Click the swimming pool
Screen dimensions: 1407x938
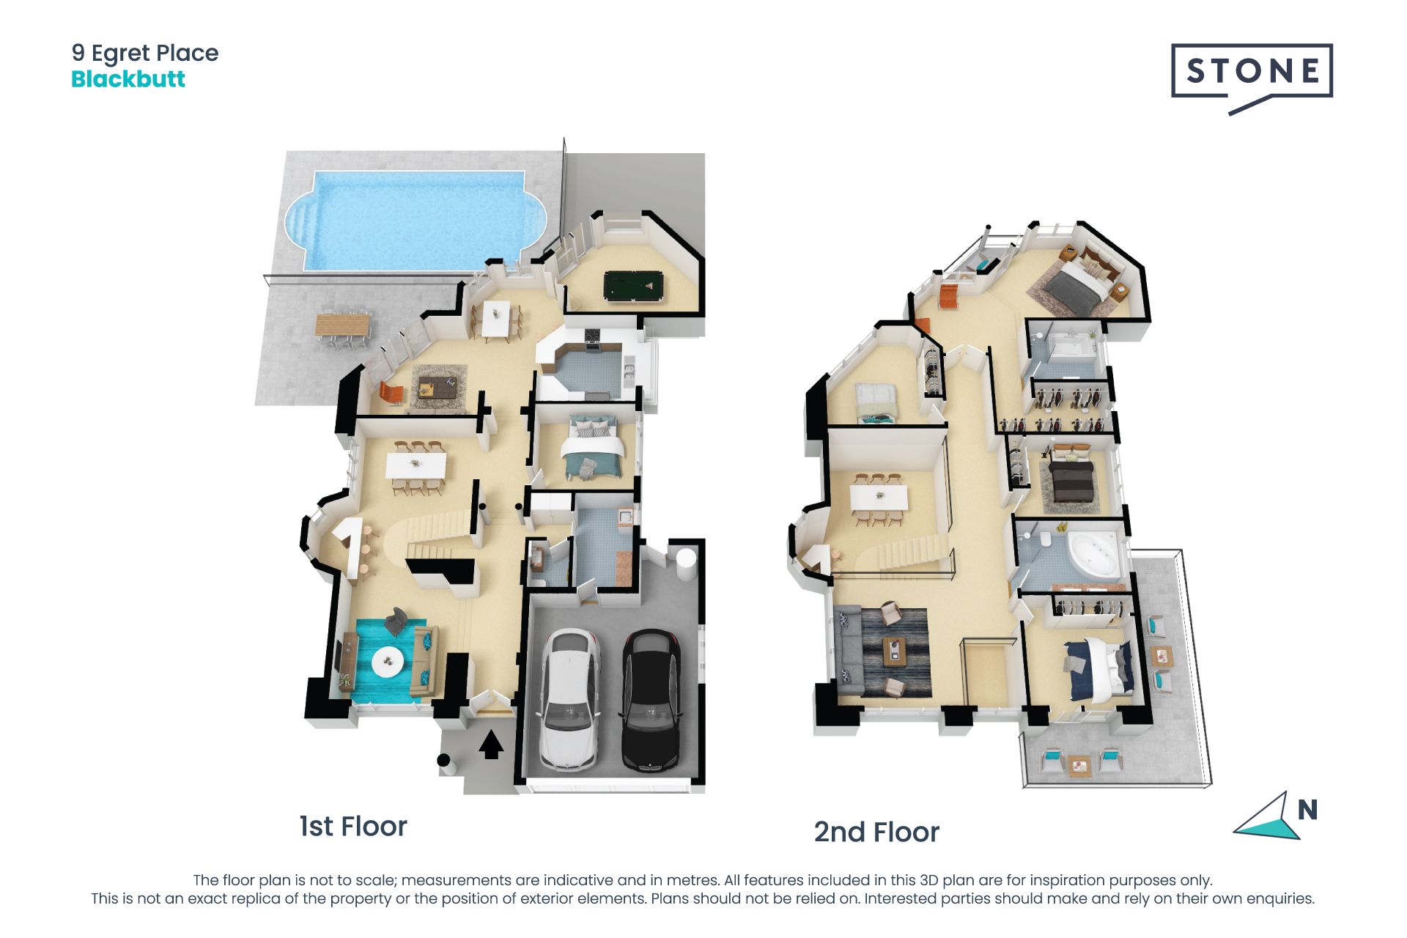click(x=416, y=220)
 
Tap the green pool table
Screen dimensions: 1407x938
click(x=634, y=286)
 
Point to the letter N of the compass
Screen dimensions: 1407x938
click(x=1307, y=810)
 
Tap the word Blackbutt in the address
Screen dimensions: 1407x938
click(x=128, y=79)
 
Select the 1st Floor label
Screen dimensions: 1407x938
click(x=353, y=827)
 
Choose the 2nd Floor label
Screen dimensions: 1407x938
click(x=876, y=832)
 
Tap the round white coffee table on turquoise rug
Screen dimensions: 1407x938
click(x=388, y=662)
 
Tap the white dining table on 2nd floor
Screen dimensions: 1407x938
click(x=879, y=498)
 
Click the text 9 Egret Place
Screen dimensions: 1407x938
click(x=145, y=53)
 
